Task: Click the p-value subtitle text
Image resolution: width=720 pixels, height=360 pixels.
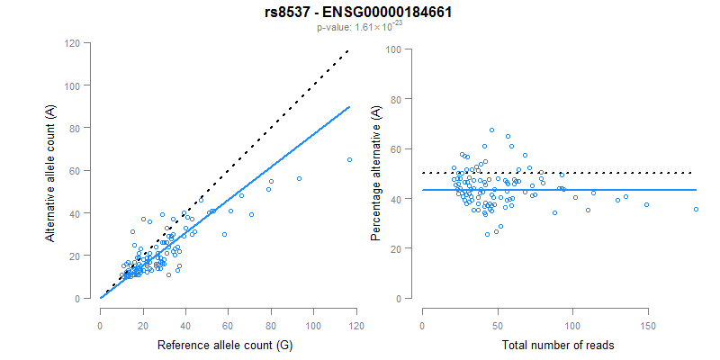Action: (359, 28)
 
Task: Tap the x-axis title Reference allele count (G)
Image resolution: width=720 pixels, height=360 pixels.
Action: (225, 345)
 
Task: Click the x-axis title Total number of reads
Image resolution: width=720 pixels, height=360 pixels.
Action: (558, 345)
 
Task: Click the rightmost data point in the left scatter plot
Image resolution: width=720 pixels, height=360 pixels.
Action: (349, 159)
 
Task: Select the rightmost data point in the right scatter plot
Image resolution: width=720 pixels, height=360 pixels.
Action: (696, 209)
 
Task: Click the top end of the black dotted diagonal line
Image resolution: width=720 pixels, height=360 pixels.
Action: (349, 50)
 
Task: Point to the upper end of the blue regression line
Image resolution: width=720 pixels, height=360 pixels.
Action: (349, 106)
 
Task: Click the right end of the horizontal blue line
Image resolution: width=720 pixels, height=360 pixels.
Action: (696, 190)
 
